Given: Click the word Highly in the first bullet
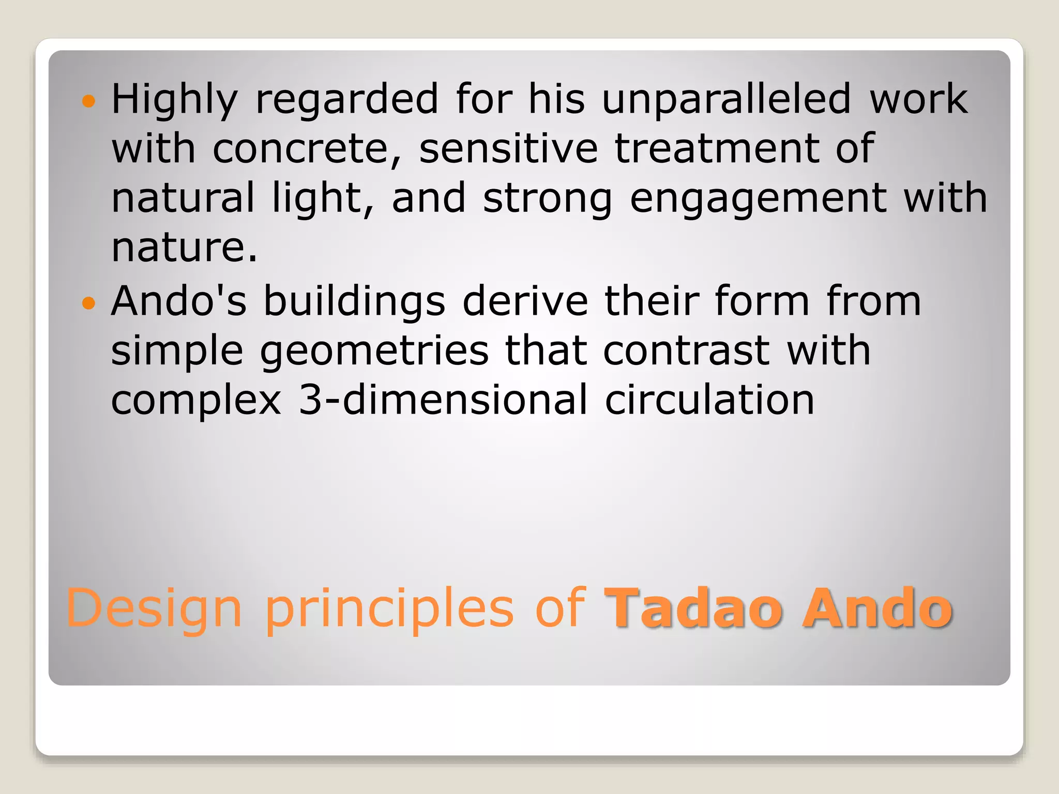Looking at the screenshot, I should tap(174, 100).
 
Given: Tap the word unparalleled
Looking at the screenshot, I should tap(727, 100).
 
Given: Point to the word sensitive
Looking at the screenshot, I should tap(508, 149).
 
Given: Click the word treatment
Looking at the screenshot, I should tap(715, 149).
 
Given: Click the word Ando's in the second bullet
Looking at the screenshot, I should tap(179, 301).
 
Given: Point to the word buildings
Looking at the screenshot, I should tap(354, 302).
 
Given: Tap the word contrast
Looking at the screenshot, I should tap(686, 350).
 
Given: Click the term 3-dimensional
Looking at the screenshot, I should tap(443, 400).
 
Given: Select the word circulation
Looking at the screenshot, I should tap(709, 400).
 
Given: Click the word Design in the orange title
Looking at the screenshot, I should tap(154, 608).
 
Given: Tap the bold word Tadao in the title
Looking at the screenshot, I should tap(693, 608).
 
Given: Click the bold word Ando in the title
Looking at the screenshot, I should tap(877, 608).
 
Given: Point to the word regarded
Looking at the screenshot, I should tap(347, 100).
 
